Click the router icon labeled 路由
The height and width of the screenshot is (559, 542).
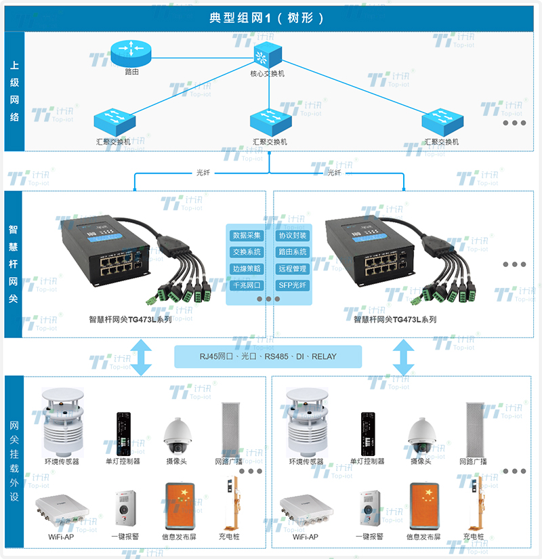click(x=132, y=49)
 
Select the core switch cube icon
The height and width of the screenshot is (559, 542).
click(x=268, y=54)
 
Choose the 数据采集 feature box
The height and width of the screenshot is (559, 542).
click(x=247, y=236)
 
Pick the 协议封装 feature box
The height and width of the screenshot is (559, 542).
click(x=293, y=236)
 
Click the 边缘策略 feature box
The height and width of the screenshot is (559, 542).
click(x=247, y=269)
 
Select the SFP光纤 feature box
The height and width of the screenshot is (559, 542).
click(x=293, y=285)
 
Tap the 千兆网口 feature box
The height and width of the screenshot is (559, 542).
click(x=247, y=285)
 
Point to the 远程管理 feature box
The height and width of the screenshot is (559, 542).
click(x=293, y=269)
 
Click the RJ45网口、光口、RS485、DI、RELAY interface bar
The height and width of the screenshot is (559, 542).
click(x=268, y=356)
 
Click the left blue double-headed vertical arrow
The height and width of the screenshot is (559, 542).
click(x=142, y=356)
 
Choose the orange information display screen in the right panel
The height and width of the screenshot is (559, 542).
click(x=423, y=506)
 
